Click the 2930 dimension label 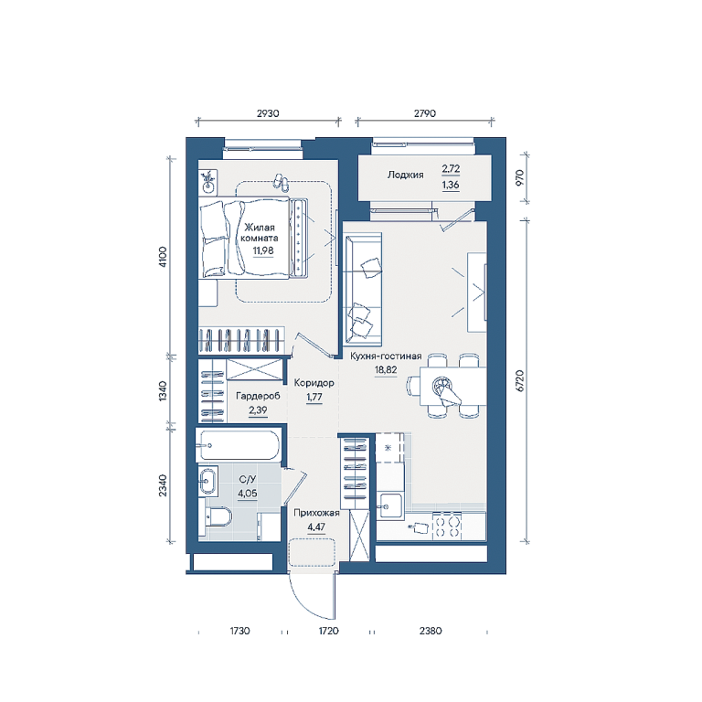tap(268, 113)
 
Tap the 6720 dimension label tap(520, 381)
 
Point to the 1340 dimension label tap(163, 390)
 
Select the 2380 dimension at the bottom tap(431, 631)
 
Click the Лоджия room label tap(405, 175)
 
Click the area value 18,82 tap(386, 370)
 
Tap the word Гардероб tap(258, 396)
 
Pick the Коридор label tap(314, 383)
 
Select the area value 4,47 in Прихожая tap(316, 526)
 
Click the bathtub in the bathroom tap(239, 445)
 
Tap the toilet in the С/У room tap(218, 517)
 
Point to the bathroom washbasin tap(207, 482)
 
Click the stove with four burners tap(447, 526)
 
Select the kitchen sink tap(390, 505)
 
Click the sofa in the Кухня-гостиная tap(362, 289)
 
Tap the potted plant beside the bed tap(207, 181)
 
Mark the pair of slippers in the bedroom tap(282, 181)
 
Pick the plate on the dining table tap(441, 385)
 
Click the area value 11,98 tap(263, 250)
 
